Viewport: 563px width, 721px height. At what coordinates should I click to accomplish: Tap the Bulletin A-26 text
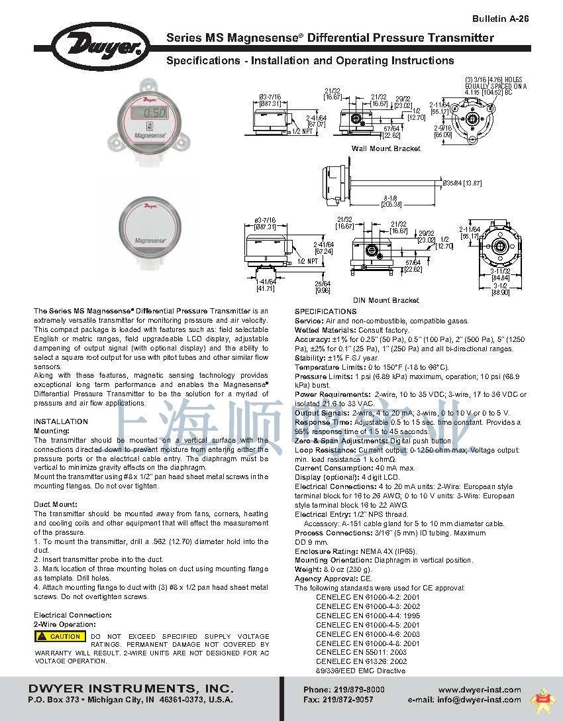pos(501,19)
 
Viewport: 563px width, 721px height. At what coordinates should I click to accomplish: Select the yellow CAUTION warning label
pos(61,636)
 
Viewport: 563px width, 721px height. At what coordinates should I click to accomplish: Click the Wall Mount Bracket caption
pos(386,148)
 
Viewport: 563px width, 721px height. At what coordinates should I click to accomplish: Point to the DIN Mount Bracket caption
pos(386,300)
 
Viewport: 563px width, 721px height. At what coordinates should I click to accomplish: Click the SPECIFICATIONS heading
pos(325,311)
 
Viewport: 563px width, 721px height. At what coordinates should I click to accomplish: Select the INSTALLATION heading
pos(61,421)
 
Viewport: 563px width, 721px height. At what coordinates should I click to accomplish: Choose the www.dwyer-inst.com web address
pos(480,690)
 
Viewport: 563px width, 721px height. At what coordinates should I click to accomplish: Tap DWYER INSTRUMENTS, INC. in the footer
pos(130,687)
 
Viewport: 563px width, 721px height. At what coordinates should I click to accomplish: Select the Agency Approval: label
pos(323,579)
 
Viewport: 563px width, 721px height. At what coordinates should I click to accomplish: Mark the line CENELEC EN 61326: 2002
pos(361,661)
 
